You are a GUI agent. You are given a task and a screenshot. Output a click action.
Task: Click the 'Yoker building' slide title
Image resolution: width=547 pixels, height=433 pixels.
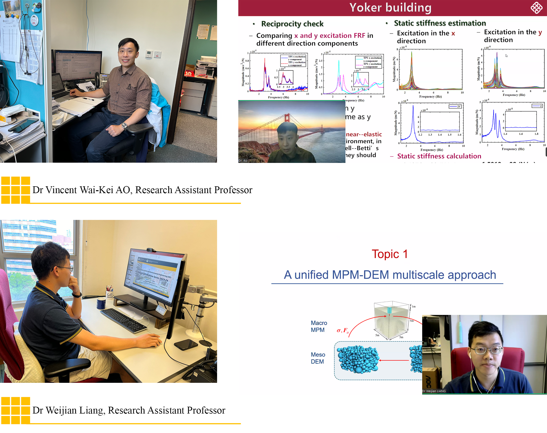390,8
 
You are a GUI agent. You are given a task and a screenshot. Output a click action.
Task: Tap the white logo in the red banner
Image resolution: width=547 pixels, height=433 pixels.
536,8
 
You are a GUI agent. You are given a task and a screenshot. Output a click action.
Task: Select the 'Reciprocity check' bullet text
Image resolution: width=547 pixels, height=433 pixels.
292,24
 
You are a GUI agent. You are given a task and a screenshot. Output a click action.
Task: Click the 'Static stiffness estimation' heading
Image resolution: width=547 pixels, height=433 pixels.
440,23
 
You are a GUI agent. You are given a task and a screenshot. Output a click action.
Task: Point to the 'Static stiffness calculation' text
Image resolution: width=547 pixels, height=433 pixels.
439,156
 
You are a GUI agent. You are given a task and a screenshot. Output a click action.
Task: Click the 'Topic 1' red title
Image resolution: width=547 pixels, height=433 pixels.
390,254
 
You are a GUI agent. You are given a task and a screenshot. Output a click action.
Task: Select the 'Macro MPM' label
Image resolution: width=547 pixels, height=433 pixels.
318,326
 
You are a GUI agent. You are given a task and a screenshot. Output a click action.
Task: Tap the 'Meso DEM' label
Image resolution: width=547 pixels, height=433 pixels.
318,358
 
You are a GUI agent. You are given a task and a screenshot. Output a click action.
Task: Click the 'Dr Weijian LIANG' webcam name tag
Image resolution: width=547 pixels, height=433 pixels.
434,391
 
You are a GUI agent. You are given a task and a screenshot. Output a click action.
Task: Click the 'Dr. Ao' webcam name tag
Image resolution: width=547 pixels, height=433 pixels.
243,160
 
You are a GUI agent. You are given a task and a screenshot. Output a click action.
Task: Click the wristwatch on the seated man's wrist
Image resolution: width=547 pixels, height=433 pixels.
124,125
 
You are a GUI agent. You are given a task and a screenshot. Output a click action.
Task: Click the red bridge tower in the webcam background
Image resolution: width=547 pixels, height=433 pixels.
287,118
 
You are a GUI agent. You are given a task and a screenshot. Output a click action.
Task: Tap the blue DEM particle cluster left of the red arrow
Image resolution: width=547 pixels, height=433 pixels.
358,359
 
